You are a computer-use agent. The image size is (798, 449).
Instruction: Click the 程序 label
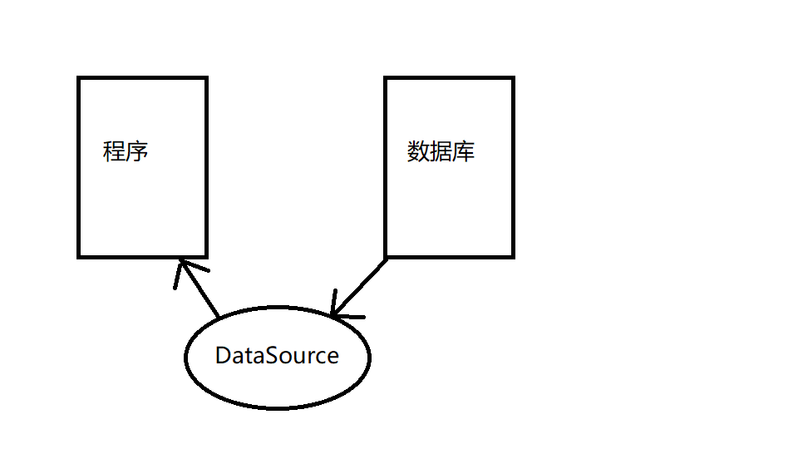tap(126, 152)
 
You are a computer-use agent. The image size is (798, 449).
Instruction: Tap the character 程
tap(114, 152)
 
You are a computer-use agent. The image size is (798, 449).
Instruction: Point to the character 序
tap(137, 152)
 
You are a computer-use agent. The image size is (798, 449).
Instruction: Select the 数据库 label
tap(441, 152)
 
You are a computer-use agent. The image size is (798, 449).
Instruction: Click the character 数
tap(418, 152)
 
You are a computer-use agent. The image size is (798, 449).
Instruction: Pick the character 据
tap(441, 152)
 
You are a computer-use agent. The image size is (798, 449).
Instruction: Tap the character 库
tap(464, 152)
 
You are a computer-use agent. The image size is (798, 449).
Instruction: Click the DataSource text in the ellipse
tap(277, 356)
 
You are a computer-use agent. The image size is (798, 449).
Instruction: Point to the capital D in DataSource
tap(223, 356)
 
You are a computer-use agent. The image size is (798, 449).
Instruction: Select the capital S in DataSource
tap(277, 356)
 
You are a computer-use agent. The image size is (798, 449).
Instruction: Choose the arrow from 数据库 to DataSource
tap(359, 288)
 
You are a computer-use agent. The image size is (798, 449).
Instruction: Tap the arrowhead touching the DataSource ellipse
tap(334, 313)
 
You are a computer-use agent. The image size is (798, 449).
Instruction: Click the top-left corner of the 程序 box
tap(79, 78)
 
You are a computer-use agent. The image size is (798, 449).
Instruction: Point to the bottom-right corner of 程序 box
tap(205, 256)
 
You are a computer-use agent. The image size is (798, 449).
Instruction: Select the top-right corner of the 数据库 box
tap(512, 78)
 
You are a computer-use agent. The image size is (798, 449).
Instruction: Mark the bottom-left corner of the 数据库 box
tap(386, 256)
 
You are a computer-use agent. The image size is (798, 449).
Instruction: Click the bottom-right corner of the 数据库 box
tap(512, 256)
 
